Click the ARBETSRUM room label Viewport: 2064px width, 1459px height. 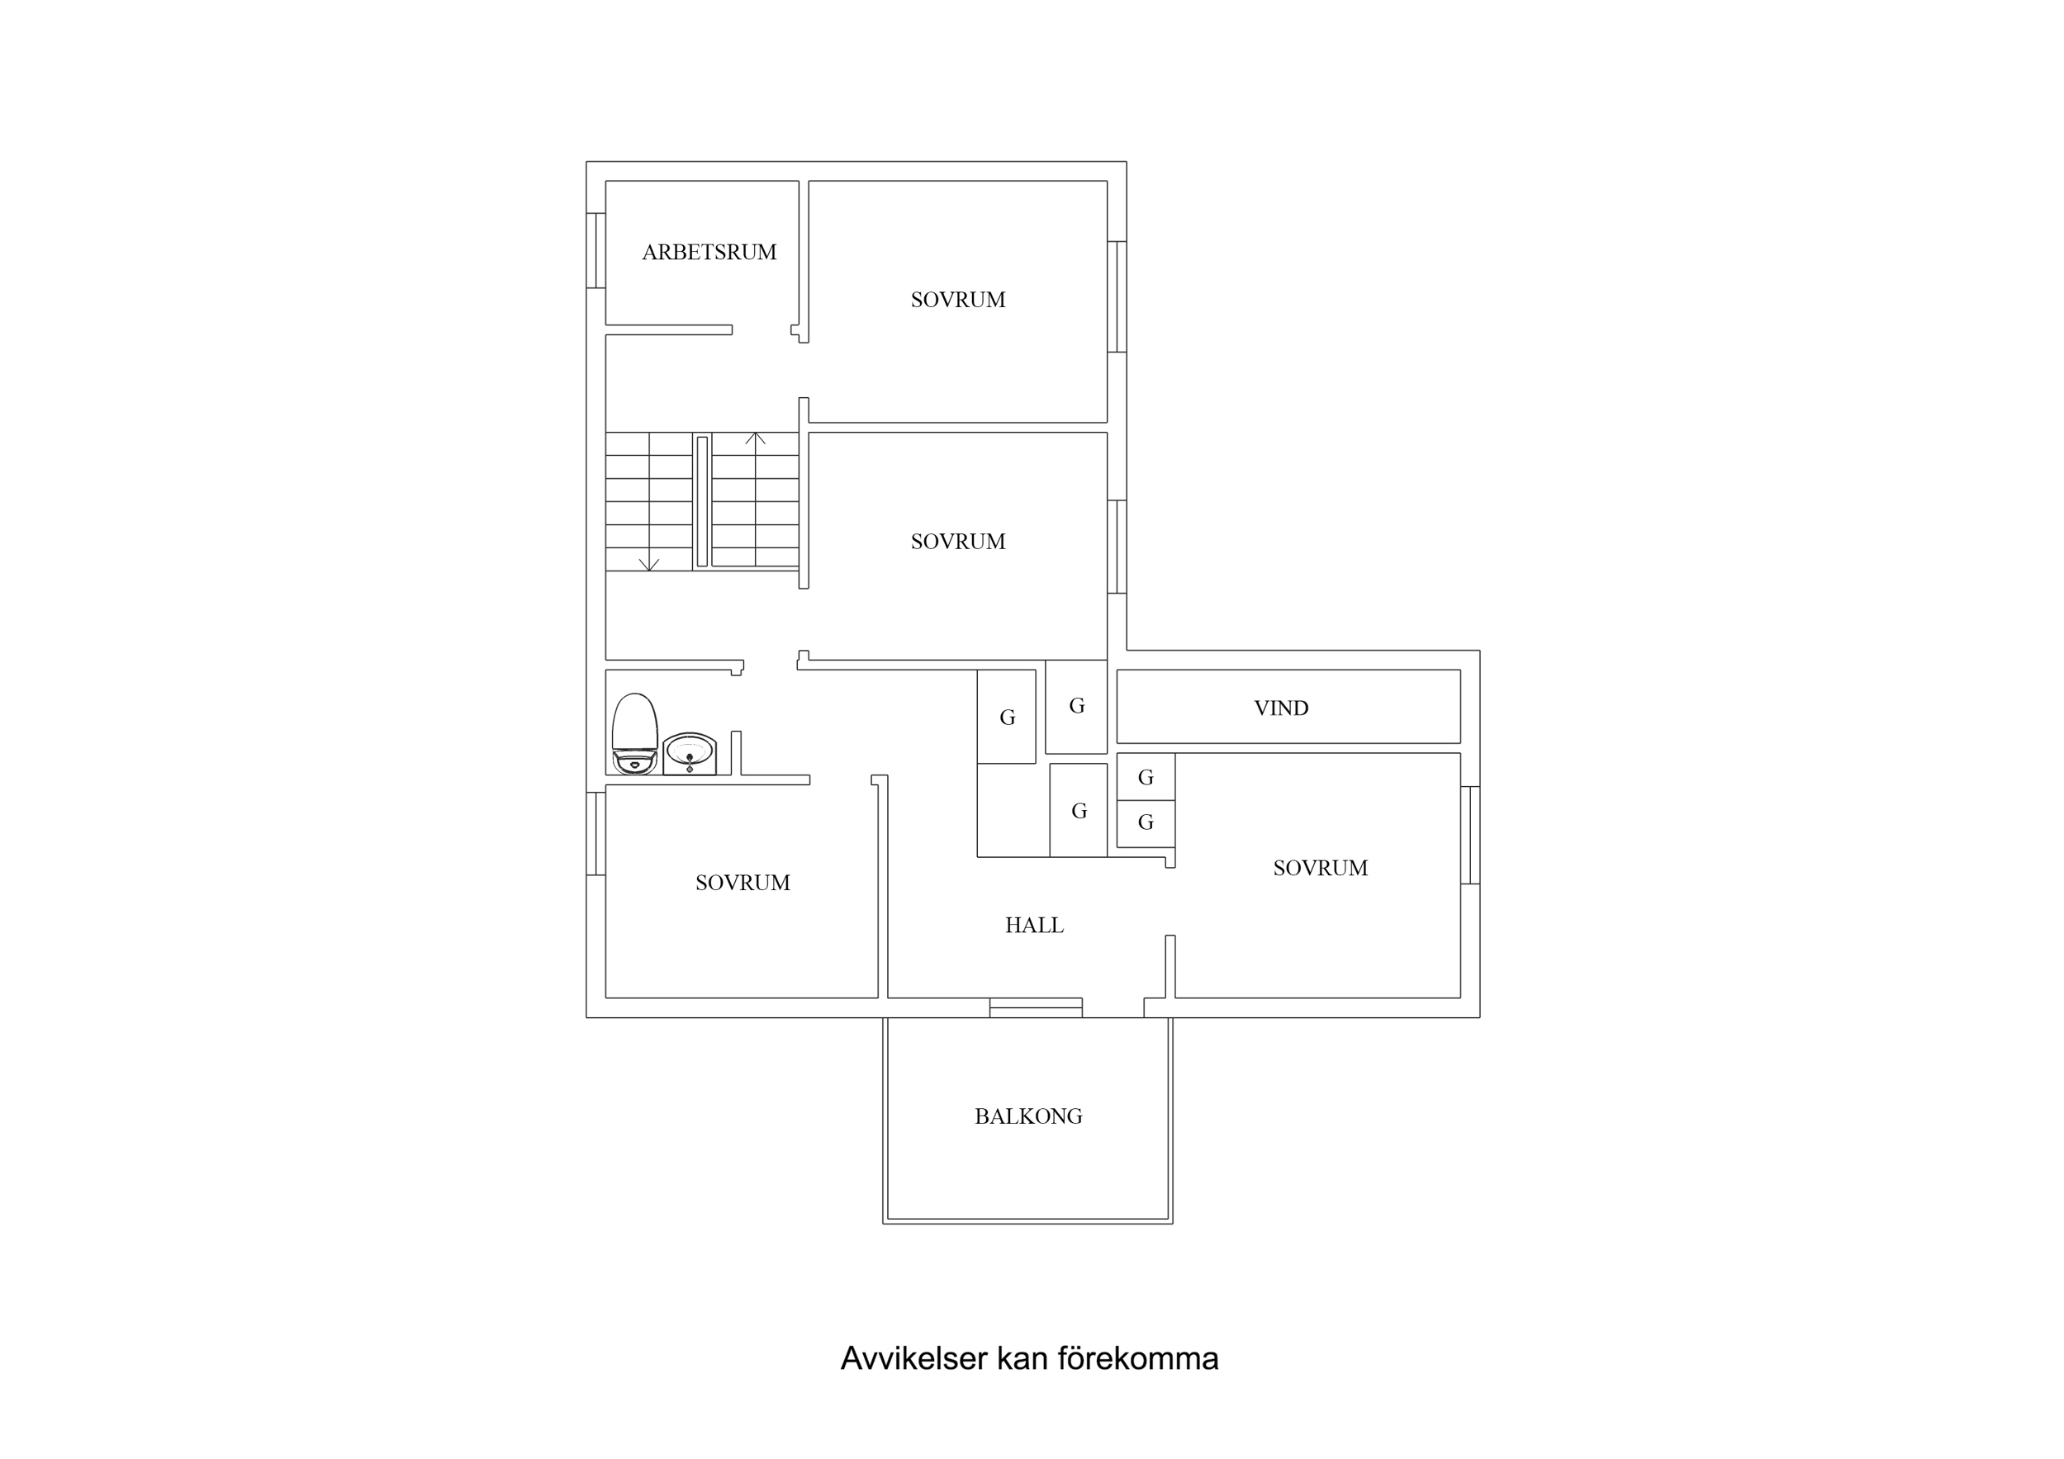(x=709, y=253)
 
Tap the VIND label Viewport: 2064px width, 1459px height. (x=1280, y=708)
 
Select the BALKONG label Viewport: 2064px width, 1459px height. (x=1027, y=1116)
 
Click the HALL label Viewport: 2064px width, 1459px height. (x=1034, y=925)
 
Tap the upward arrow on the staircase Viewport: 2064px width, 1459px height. (x=755, y=439)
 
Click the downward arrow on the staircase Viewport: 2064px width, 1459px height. (x=649, y=563)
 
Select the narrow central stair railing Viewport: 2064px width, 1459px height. (x=702, y=502)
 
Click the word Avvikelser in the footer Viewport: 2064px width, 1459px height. (x=913, y=1358)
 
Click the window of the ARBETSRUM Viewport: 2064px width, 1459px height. (x=595, y=251)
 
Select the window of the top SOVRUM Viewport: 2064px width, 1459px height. (x=1117, y=296)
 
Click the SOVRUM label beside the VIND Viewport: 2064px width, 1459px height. (x=1320, y=869)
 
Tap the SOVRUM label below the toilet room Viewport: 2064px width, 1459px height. (x=743, y=883)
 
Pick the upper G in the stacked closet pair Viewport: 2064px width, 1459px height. (x=1146, y=778)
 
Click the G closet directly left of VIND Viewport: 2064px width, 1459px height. (x=1076, y=707)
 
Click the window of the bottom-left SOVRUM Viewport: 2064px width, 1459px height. (x=595, y=833)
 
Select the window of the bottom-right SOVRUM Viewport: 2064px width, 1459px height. (x=1470, y=835)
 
